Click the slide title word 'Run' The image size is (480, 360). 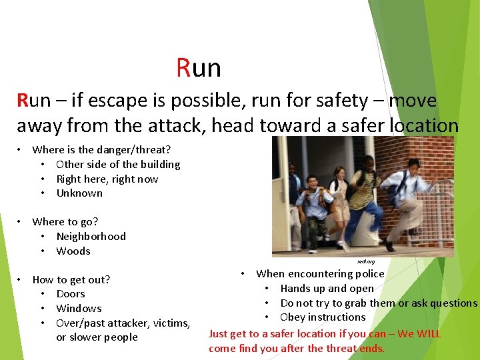pyautogui.click(x=199, y=68)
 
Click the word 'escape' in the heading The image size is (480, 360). pyautogui.click(x=101, y=101)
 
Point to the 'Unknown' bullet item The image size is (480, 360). pyautogui.click(x=79, y=193)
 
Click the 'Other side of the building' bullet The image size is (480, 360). pyautogui.click(x=118, y=164)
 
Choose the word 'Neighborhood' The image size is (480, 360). pyautogui.click(x=91, y=236)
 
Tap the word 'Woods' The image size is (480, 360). pyautogui.click(x=73, y=251)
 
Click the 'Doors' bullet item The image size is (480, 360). pyautogui.click(x=71, y=293)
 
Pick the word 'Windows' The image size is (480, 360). pyautogui.click(x=79, y=308)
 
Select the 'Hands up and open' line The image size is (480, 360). pyautogui.click(x=327, y=288)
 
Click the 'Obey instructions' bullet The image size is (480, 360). pyautogui.click(x=323, y=317)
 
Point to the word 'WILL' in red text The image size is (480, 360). pyautogui.click(x=428, y=333)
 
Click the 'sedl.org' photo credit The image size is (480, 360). pyautogui.click(x=366, y=261)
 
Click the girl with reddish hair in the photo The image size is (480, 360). pyautogui.click(x=339, y=193)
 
